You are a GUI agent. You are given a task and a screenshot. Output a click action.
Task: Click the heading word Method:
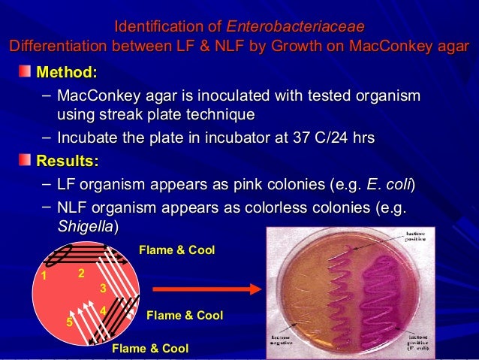point(67,73)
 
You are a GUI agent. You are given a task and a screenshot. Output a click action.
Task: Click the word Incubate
point(89,138)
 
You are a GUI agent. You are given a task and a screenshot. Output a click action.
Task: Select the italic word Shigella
point(86,225)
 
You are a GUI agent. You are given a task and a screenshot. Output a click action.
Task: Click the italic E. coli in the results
point(389,184)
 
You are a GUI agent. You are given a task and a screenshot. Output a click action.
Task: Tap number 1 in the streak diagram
point(44,276)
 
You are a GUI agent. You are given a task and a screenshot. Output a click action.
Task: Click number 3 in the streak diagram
point(103,288)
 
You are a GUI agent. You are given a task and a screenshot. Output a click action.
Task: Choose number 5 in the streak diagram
point(68,322)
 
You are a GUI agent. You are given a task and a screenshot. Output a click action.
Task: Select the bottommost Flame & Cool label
point(150,348)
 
